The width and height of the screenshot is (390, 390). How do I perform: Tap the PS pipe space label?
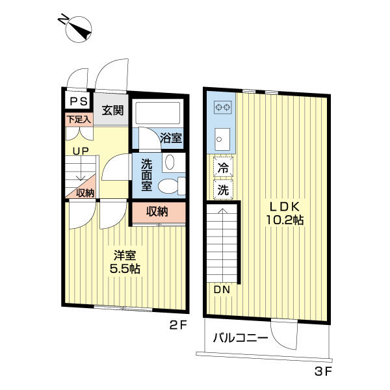79,101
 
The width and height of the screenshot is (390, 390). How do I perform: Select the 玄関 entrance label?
112,110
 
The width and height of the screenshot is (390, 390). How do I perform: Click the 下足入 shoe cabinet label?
79,120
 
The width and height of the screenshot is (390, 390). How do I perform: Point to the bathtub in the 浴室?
157,113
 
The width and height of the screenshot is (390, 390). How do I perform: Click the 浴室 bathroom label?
171,138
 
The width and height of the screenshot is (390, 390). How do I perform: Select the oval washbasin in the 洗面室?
170,162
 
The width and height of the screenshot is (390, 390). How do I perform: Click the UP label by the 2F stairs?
81,151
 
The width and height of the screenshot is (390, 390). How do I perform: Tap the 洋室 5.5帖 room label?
125,262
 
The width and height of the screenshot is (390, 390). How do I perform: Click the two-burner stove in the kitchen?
223,107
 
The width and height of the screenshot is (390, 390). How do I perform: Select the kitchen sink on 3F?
222,139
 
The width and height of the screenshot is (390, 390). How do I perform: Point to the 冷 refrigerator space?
223,166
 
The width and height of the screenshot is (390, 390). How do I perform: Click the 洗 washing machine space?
223,190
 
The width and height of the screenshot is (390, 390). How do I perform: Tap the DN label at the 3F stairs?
222,289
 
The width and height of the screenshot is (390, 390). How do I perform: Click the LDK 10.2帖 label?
285,213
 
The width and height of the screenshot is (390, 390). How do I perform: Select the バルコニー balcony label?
240,338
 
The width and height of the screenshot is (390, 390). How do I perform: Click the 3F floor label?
323,372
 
